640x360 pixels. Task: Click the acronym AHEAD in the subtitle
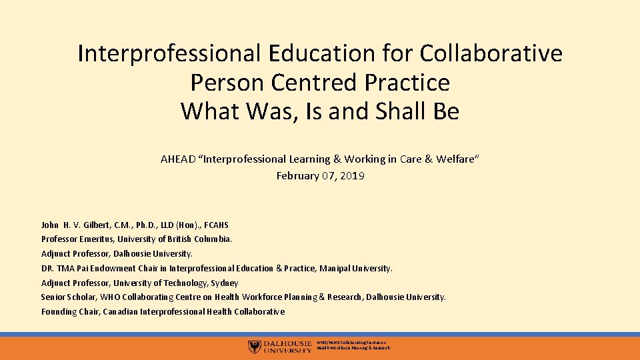tap(178, 159)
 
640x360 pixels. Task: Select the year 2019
tap(353, 176)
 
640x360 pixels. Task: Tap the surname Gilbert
tap(90, 225)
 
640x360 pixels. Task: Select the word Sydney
tap(224, 283)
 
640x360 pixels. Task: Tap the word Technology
tap(184, 283)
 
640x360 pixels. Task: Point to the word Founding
tap(59, 312)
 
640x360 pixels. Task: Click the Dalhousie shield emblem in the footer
tap(254, 347)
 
